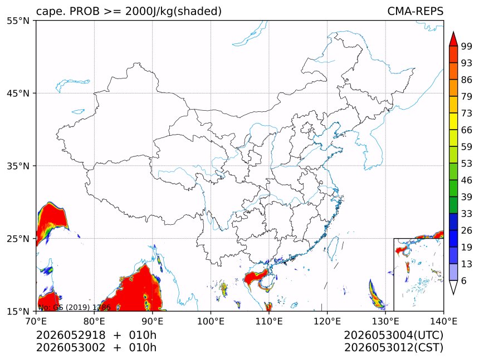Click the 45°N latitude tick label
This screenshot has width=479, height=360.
pyautogui.click(x=18, y=93)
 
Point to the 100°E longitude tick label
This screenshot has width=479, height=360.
pyautogui.click(x=211, y=321)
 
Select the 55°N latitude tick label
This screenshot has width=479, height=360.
pyautogui.click(x=18, y=21)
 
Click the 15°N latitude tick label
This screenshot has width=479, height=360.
pyautogui.click(x=18, y=312)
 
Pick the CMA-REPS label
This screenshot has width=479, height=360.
pyautogui.click(x=415, y=11)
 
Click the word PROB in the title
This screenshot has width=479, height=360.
pyautogui.click(x=85, y=11)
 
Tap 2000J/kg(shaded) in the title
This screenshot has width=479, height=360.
pyautogui.click(x=174, y=12)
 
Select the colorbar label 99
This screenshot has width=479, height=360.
pyautogui.click(x=467, y=46)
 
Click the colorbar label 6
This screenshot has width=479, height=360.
pyautogui.click(x=464, y=280)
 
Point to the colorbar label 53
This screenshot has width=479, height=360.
pyautogui.click(x=467, y=164)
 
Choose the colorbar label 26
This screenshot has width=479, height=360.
pyautogui.click(x=467, y=231)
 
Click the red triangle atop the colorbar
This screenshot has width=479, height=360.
pyautogui.click(x=453, y=40)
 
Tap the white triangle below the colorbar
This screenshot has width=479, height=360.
pyautogui.click(x=453, y=287)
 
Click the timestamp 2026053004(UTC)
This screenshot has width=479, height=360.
pyautogui.click(x=393, y=336)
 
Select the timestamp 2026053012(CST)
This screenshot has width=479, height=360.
pyautogui.click(x=393, y=348)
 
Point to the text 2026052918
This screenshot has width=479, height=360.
pyautogui.click(x=71, y=335)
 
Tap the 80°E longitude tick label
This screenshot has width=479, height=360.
pyautogui.click(x=94, y=321)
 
